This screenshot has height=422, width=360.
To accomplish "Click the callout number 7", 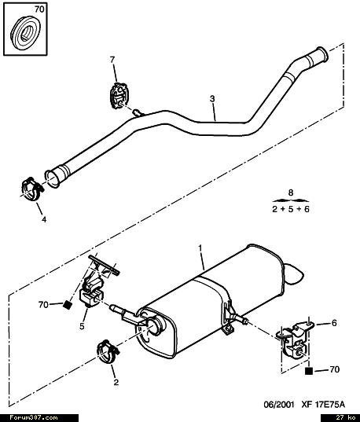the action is [112, 60].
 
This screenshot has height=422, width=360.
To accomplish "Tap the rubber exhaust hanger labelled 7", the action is [119, 96].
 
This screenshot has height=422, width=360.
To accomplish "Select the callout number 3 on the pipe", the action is [212, 99].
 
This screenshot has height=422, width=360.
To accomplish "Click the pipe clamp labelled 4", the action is [31, 189].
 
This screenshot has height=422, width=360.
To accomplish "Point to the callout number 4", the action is [44, 219].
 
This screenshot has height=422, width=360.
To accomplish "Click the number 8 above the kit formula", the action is [291, 193].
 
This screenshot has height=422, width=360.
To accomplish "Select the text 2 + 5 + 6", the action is [291, 209].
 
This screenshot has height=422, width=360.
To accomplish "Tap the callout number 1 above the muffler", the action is [200, 248].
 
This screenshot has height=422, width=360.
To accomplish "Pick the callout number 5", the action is [82, 326].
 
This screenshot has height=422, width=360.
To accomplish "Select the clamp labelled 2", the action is [108, 351].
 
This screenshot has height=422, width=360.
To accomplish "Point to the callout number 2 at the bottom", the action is [116, 382].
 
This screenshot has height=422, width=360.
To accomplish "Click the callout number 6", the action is [334, 323].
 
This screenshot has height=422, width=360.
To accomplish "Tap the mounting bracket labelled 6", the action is [296, 339].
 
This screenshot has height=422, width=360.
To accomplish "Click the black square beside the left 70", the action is [68, 305].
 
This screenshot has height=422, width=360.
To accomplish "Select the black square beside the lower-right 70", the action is [309, 371].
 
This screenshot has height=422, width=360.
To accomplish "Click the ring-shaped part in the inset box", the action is [26, 33].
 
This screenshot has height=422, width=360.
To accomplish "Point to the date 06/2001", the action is [279, 405].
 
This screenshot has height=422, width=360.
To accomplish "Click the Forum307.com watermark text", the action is [33, 418].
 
